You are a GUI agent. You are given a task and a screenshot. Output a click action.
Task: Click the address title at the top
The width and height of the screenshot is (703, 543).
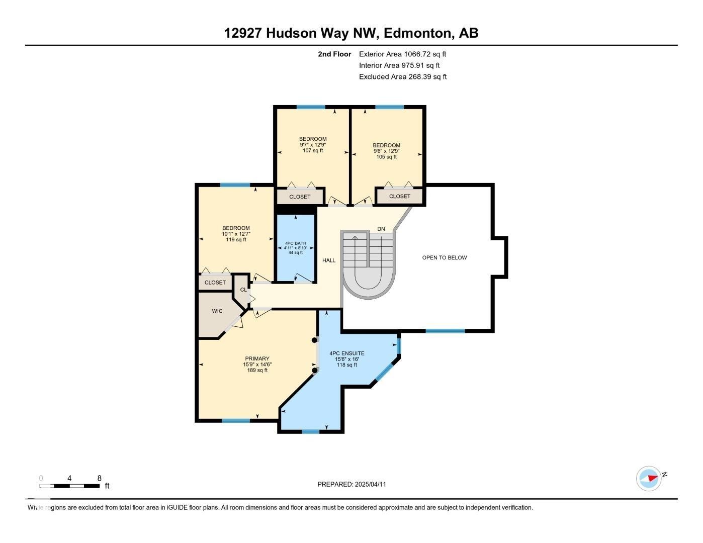(351, 33)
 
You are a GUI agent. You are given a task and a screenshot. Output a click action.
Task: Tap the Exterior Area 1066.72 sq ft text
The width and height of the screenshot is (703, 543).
(402, 54)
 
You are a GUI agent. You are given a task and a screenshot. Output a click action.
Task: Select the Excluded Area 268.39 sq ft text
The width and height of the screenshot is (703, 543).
(403, 76)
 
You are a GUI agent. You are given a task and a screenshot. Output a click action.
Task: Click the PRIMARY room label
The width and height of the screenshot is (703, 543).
(257, 358)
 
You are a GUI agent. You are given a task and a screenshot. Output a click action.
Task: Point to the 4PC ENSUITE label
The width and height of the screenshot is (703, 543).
(347, 353)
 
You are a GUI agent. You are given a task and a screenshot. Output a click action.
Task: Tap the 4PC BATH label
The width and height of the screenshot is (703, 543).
(295, 243)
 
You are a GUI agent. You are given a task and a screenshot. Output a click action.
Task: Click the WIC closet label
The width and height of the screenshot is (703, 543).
(217, 311)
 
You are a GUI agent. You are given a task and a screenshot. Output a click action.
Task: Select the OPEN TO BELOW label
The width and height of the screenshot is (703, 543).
(445, 257)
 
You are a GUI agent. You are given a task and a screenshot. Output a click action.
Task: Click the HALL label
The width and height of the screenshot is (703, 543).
(329, 260)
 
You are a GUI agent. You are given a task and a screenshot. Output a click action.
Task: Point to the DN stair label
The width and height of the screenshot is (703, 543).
(381, 229)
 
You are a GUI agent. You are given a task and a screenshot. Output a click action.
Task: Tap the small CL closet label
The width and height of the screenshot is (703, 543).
(243, 290)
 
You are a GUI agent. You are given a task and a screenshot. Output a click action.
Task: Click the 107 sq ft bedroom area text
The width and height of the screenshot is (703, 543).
(313, 150)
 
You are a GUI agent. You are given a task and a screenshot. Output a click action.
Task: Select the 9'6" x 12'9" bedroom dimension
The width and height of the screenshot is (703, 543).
(387, 151)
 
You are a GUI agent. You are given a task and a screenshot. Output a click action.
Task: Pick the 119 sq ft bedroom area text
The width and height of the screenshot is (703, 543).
(236, 240)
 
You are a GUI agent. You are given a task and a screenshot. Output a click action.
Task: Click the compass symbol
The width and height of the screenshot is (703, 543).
(648, 478)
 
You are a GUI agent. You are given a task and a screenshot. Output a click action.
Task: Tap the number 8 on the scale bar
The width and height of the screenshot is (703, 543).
(100, 478)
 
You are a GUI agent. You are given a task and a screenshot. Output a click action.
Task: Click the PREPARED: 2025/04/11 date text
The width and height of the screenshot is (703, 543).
(351, 484)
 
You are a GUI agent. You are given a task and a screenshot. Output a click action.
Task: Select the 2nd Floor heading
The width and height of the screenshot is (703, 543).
(334, 54)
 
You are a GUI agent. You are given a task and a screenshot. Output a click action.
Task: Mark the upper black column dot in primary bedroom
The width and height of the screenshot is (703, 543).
(314, 340)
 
